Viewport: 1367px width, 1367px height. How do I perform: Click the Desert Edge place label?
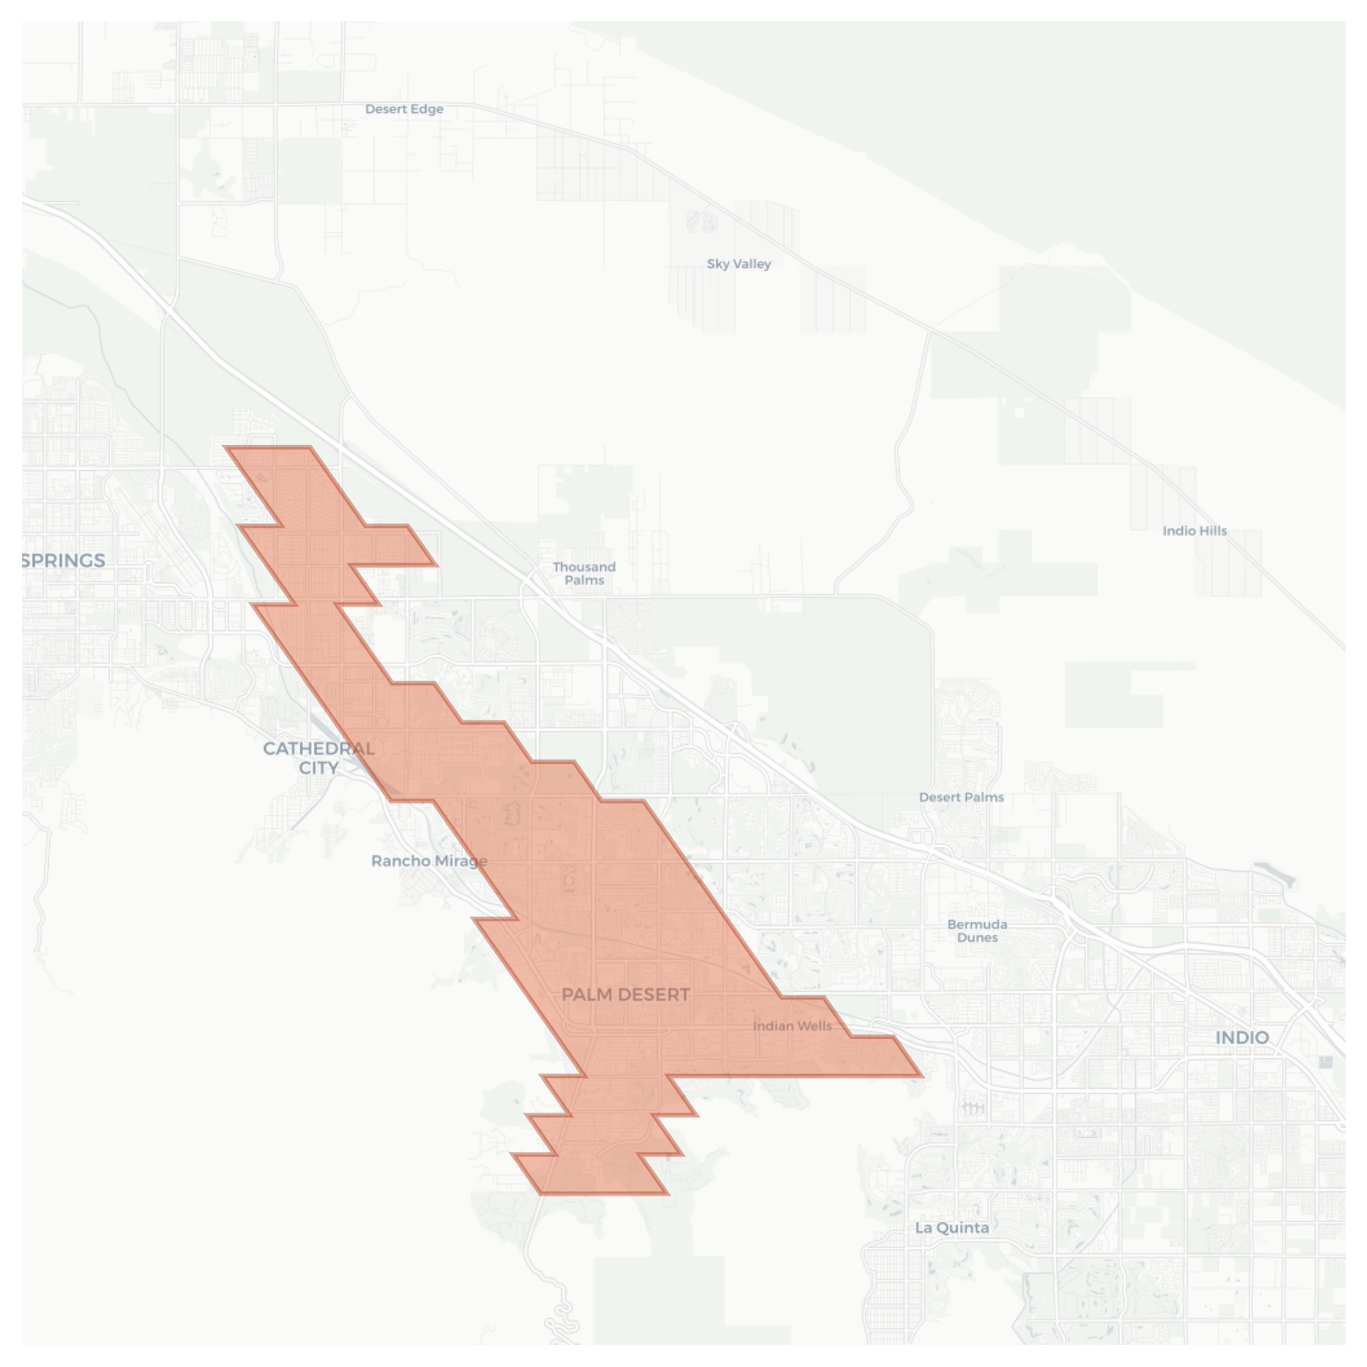(x=404, y=109)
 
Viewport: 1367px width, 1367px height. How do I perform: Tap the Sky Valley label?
(x=738, y=263)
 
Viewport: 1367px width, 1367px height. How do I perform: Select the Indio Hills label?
(x=1194, y=530)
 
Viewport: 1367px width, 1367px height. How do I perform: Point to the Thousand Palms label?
(x=584, y=573)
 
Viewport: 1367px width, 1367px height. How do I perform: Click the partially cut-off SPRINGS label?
(x=63, y=560)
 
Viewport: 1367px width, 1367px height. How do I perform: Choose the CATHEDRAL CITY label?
(x=318, y=757)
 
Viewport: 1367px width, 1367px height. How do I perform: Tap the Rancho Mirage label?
(x=429, y=860)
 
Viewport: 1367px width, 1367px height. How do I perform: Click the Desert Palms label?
(x=961, y=796)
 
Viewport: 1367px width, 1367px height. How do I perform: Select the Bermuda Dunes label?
(x=977, y=930)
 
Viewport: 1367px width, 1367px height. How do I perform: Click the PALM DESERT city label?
(x=625, y=994)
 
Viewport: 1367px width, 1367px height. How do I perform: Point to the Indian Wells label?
(x=792, y=1025)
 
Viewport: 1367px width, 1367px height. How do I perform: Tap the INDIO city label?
(x=1241, y=1037)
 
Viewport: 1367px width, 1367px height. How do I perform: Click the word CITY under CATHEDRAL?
(x=318, y=768)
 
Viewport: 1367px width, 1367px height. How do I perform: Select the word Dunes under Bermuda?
(x=977, y=938)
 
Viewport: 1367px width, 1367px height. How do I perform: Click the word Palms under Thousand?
(x=585, y=580)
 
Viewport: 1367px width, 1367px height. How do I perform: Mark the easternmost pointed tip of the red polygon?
(x=921, y=1075)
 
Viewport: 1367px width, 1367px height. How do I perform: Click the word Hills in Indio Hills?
(x=1211, y=530)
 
